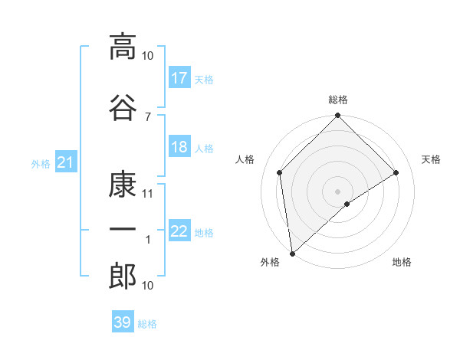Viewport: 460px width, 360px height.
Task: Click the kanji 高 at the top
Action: (x=123, y=47)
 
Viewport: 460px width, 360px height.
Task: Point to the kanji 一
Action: (x=123, y=230)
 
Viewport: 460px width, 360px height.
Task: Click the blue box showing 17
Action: (x=179, y=78)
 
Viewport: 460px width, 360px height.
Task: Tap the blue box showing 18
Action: (x=179, y=148)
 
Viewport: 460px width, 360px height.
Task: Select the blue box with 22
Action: (x=179, y=232)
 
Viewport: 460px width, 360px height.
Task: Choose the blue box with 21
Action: (x=66, y=162)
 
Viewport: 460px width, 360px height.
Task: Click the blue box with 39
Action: (x=123, y=322)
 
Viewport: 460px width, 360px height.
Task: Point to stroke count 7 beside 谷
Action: (x=147, y=116)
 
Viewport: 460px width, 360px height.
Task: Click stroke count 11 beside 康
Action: (x=147, y=194)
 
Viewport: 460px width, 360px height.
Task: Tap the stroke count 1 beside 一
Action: (x=148, y=240)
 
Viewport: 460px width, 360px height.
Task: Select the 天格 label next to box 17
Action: (x=204, y=79)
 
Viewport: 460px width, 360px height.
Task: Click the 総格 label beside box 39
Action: (x=147, y=323)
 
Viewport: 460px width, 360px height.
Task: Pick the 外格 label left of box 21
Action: (x=41, y=163)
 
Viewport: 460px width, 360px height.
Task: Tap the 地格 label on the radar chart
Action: (x=402, y=263)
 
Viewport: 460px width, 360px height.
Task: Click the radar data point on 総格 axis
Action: (x=337, y=116)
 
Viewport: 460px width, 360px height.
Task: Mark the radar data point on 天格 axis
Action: (x=396, y=172)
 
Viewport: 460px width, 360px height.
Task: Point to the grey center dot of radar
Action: (x=337, y=191)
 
